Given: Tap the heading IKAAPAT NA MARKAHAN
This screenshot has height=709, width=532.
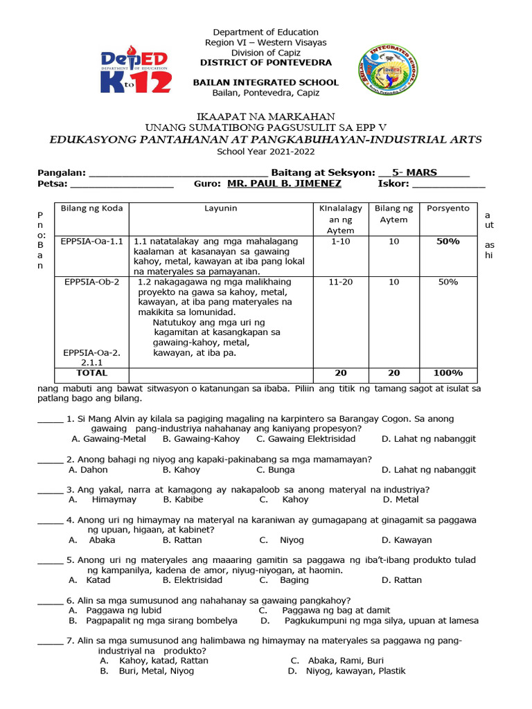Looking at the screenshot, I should pyautogui.click(x=265, y=116).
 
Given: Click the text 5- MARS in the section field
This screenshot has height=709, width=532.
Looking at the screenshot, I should pyautogui.click(x=414, y=172).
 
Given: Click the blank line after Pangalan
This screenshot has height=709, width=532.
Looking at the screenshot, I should pyautogui.click(x=178, y=173).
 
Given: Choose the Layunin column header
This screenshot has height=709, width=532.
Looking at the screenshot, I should pyautogui.click(x=220, y=208).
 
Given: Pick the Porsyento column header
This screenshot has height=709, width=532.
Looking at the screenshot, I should pyautogui.click(x=447, y=208).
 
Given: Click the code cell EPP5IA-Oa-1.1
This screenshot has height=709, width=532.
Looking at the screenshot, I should pyautogui.click(x=91, y=241).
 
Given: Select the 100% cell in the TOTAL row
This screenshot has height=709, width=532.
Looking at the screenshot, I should pyautogui.click(x=447, y=373).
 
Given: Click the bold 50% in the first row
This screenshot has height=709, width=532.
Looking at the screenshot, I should pyautogui.click(x=447, y=241).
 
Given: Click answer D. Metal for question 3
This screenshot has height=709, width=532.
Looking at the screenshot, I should pyautogui.click(x=400, y=499).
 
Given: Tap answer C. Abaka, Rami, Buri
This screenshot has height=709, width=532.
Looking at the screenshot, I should pyautogui.click(x=337, y=661).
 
